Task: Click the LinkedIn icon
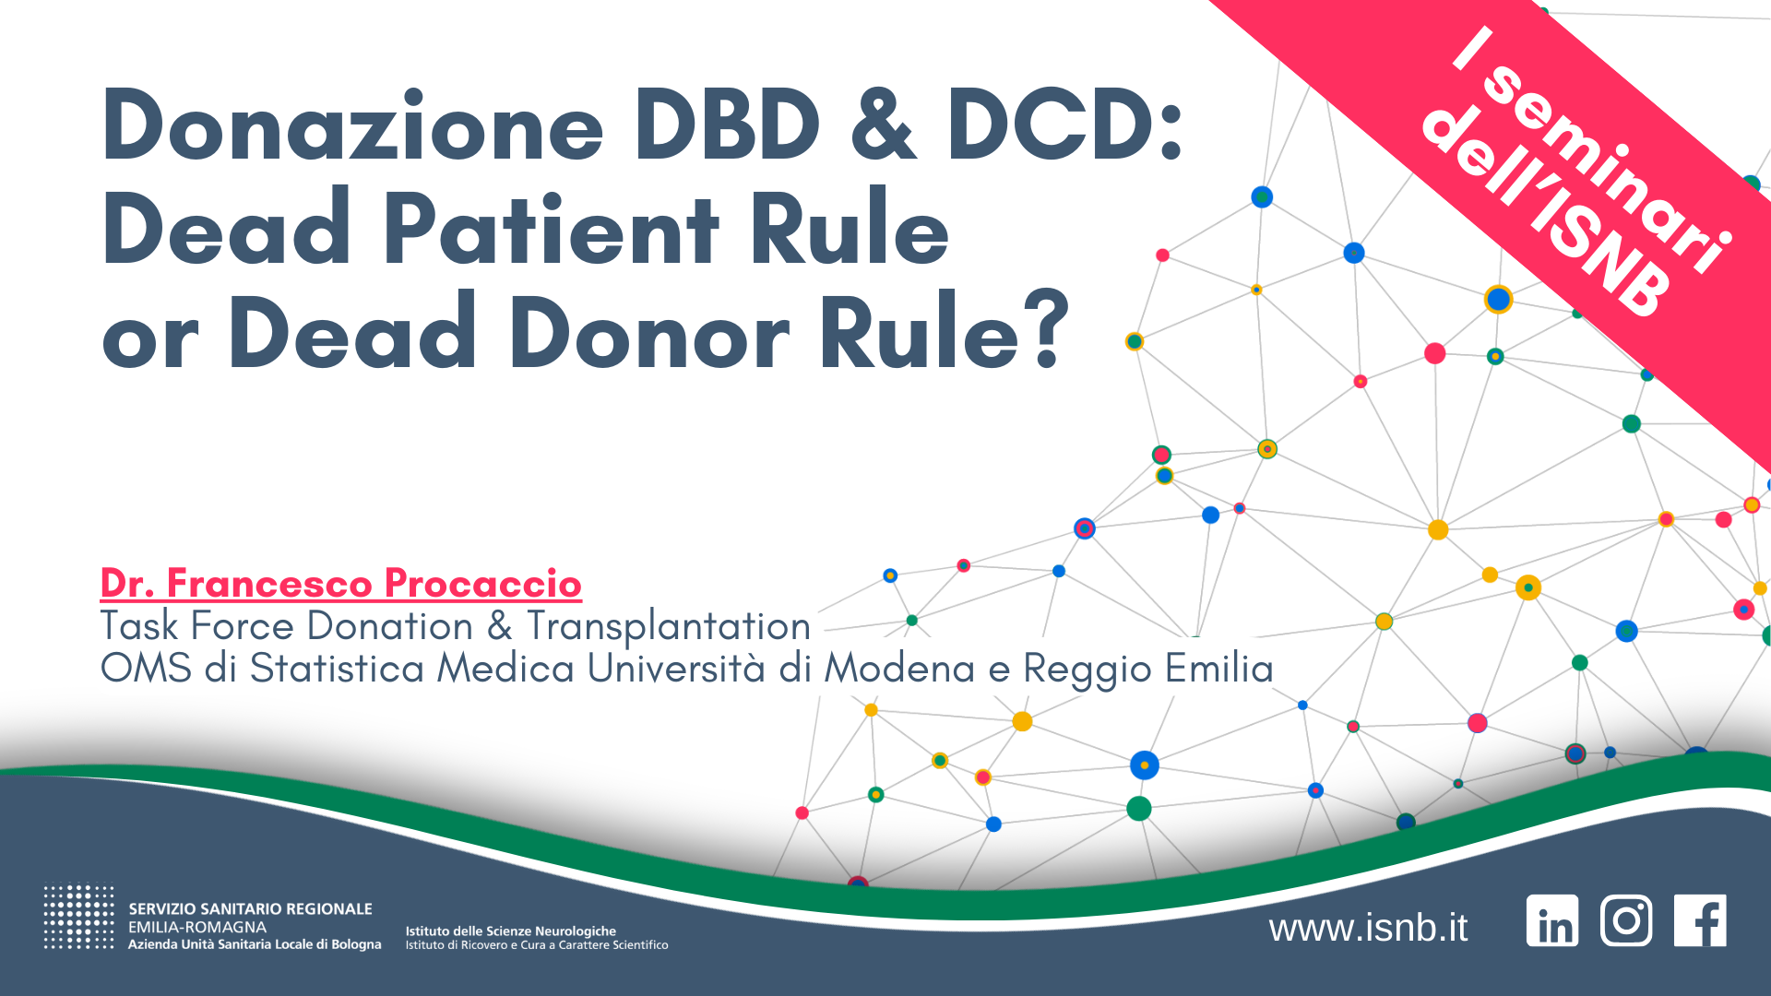pos(1552,920)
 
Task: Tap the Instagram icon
pos(1626,920)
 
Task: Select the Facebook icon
pos(1700,920)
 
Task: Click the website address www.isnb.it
pos(1368,928)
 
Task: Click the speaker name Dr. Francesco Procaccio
pos(340,583)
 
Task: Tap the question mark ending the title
pos(1051,330)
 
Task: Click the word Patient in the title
pos(550,229)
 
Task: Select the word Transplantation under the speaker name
pos(668,627)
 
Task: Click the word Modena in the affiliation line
pos(899,669)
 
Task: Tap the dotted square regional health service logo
pos(78,918)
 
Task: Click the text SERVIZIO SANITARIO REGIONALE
pos(250,909)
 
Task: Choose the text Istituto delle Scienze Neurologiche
pos(510,931)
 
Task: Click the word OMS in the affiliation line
pos(146,669)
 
